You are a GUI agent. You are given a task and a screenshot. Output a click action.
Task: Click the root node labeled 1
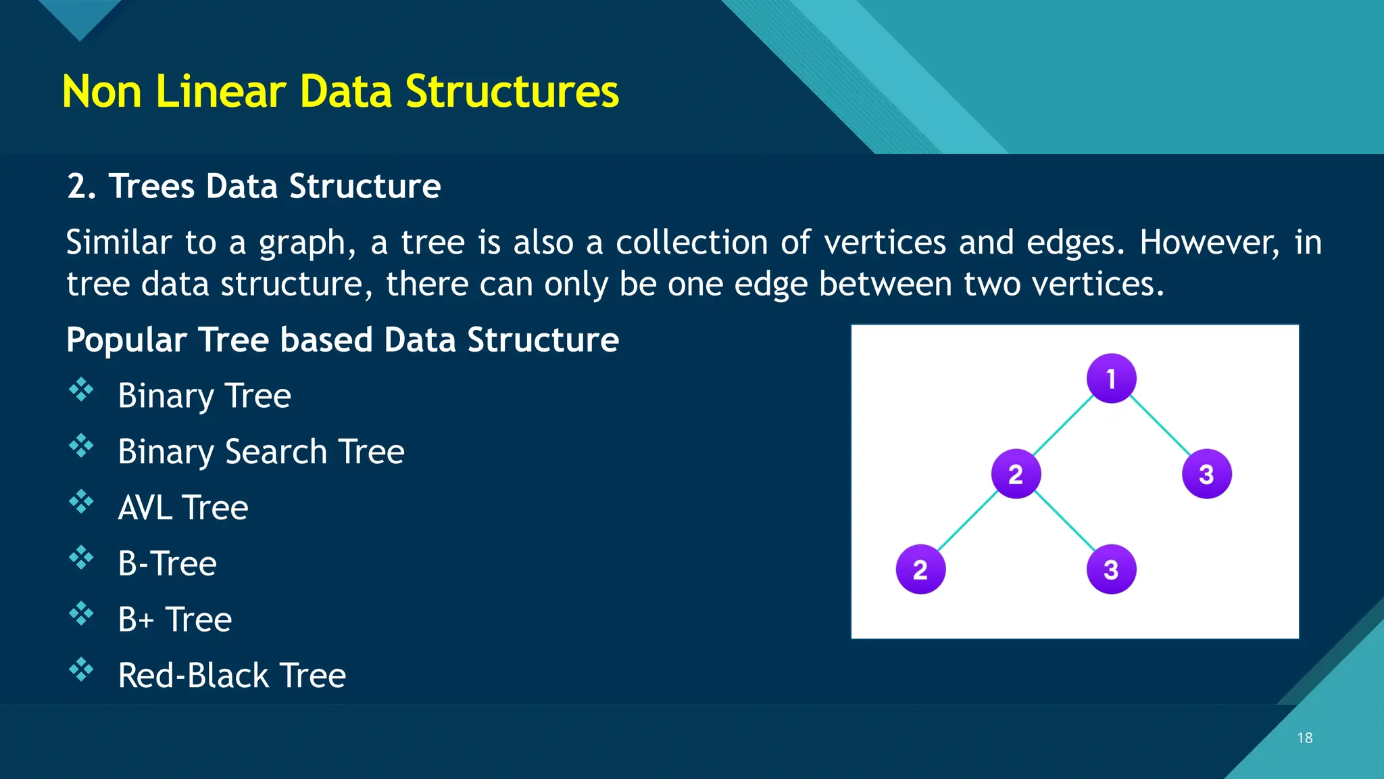(x=1111, y=379)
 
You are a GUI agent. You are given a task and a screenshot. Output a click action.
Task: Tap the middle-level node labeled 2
(x=1016, y=474)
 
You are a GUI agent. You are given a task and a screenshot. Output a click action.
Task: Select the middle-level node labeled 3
(x=1206, y=474)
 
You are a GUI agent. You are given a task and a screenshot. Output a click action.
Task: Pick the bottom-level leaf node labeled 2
(x=920, y=569)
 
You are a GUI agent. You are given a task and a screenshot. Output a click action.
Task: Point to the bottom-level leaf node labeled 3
(x=1111, y=569)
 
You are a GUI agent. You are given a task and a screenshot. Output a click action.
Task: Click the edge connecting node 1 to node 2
(x=1064, y=426)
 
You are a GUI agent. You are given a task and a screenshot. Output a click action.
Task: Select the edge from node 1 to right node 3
(x=1160, y=426)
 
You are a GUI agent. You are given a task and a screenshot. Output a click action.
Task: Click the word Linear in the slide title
(x=220, y=91)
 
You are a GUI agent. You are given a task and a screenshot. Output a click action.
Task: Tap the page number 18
(x=1304, y=738)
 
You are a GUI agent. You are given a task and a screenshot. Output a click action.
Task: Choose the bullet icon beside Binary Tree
(x=81, y=389)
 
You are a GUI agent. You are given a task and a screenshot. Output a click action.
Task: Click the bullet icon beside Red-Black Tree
(x=81, y=669)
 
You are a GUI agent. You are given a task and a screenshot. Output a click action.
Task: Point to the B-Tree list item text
(x=167, y=564)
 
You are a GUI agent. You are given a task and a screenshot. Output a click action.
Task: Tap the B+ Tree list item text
(x=174, y=619)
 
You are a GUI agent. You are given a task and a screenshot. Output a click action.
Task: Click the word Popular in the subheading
(x=126, y=339)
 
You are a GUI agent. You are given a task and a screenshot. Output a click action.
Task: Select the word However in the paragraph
(x=1209, y=242)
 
